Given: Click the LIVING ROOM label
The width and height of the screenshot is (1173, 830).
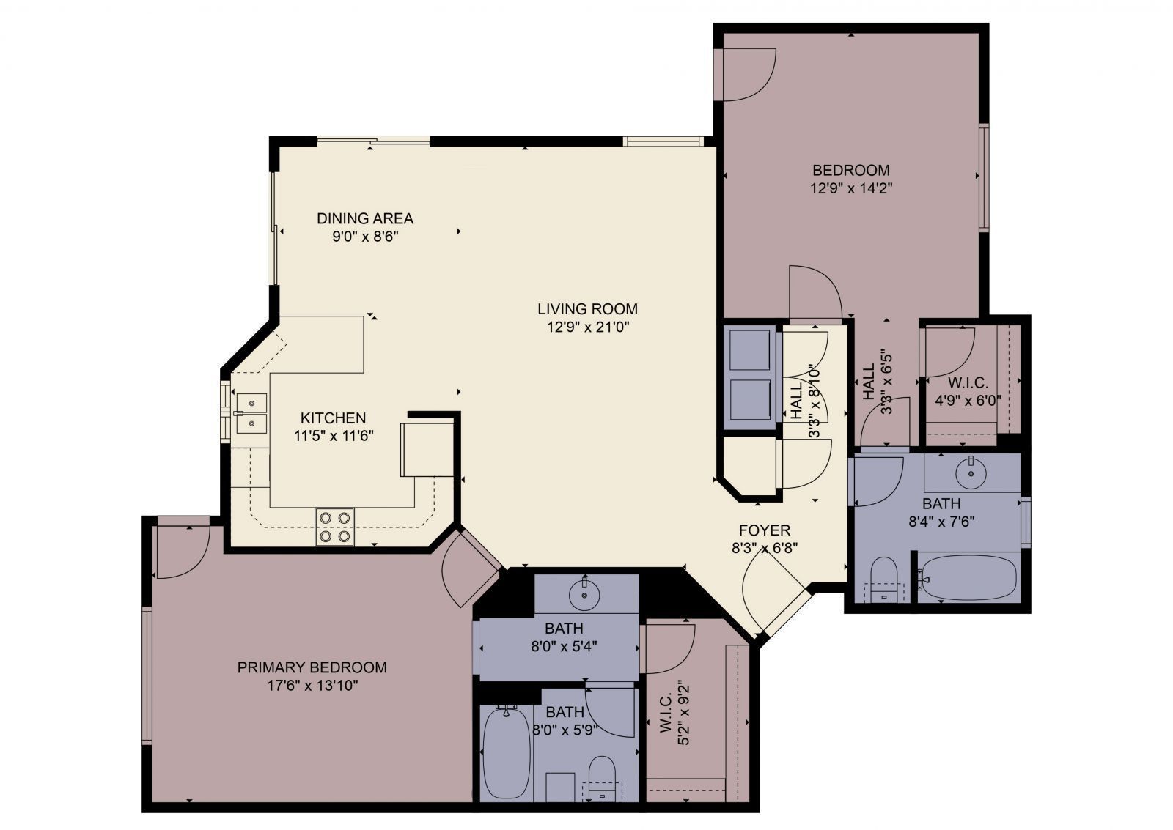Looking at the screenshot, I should pyautogui.click(x=587, y=309).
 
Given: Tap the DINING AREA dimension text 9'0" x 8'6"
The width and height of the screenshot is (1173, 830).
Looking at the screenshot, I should pyautogui.click(x=364, y=237).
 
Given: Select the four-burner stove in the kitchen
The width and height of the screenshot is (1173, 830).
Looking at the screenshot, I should pyautogui.click(x=334, y=527).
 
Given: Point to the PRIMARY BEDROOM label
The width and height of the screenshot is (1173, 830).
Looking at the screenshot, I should pyautogui.click(x=312, y=667).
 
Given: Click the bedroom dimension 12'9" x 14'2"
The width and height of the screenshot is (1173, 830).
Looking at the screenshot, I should pyautogui.click(x=850, y=188).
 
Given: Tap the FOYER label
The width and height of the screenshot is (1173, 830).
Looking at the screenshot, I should pyautogui.click(x=764, y=530).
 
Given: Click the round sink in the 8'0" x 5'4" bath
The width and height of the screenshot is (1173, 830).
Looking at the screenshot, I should pyautogui.click(x=584, y=594).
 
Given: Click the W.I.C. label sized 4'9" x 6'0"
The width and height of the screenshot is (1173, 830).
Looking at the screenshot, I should pyautogui.click(x=968, y=383).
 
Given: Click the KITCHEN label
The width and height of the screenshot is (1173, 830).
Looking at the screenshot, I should pyautogui.click(x=333, y=418).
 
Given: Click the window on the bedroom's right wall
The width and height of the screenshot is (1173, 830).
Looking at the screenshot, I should pyautogui.click(x=984, y=178).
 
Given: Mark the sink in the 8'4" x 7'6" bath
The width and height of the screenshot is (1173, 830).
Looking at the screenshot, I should pyautogui.click(x=971, y=472).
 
